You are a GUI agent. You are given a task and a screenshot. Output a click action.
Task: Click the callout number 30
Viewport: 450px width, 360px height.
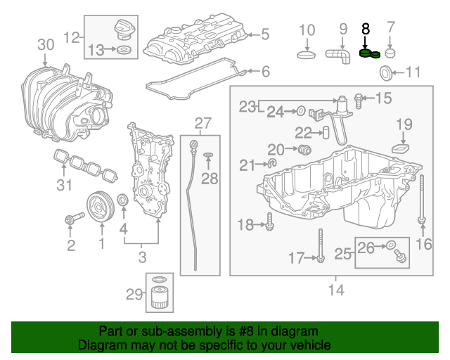(x=45, y=45)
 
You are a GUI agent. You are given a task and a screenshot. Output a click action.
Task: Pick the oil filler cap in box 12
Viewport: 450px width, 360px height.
(x=123, y=31)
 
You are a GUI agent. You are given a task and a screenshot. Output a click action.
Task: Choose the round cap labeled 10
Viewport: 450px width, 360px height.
(x=307, y=55)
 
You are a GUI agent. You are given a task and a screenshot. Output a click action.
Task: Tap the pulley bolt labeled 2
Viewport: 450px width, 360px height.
(x=70, y=221)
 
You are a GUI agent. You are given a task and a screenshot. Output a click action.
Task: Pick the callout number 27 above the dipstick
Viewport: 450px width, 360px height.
(x=202, y=124)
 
